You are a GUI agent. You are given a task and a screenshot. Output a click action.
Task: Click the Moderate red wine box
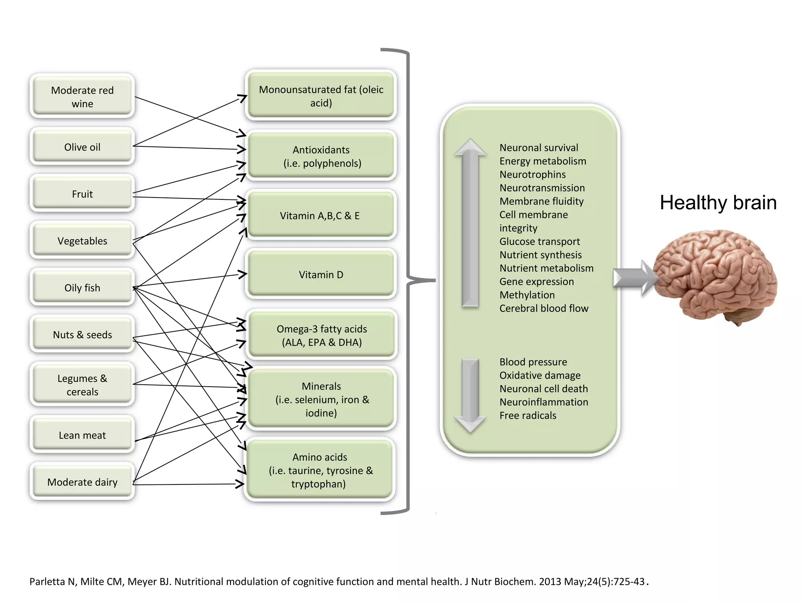click(x=82, y=97)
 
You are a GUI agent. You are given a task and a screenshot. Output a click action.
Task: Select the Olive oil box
click(x=82, y=147)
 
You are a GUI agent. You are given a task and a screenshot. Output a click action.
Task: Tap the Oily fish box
click(x=82, y=287)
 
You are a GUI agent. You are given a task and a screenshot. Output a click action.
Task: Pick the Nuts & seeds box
click(x=82, y=334)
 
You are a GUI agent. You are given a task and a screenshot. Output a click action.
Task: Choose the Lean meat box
click(x=82, y=435)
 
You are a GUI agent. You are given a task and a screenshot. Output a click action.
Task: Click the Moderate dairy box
click(x=82, y=482)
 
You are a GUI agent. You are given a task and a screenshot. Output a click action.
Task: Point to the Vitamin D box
click(x=321, y=274)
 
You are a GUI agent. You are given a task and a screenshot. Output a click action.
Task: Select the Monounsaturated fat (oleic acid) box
click(x=321, y=96)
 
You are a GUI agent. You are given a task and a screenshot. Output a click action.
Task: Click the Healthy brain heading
click(x=718, y=203)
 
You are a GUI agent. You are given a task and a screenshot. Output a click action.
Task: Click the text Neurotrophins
click(x=532, y=174)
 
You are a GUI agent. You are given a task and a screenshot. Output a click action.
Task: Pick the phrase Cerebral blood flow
click(x=544, y=308)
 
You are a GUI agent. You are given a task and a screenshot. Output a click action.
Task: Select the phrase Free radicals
click(x=528, y=415)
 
